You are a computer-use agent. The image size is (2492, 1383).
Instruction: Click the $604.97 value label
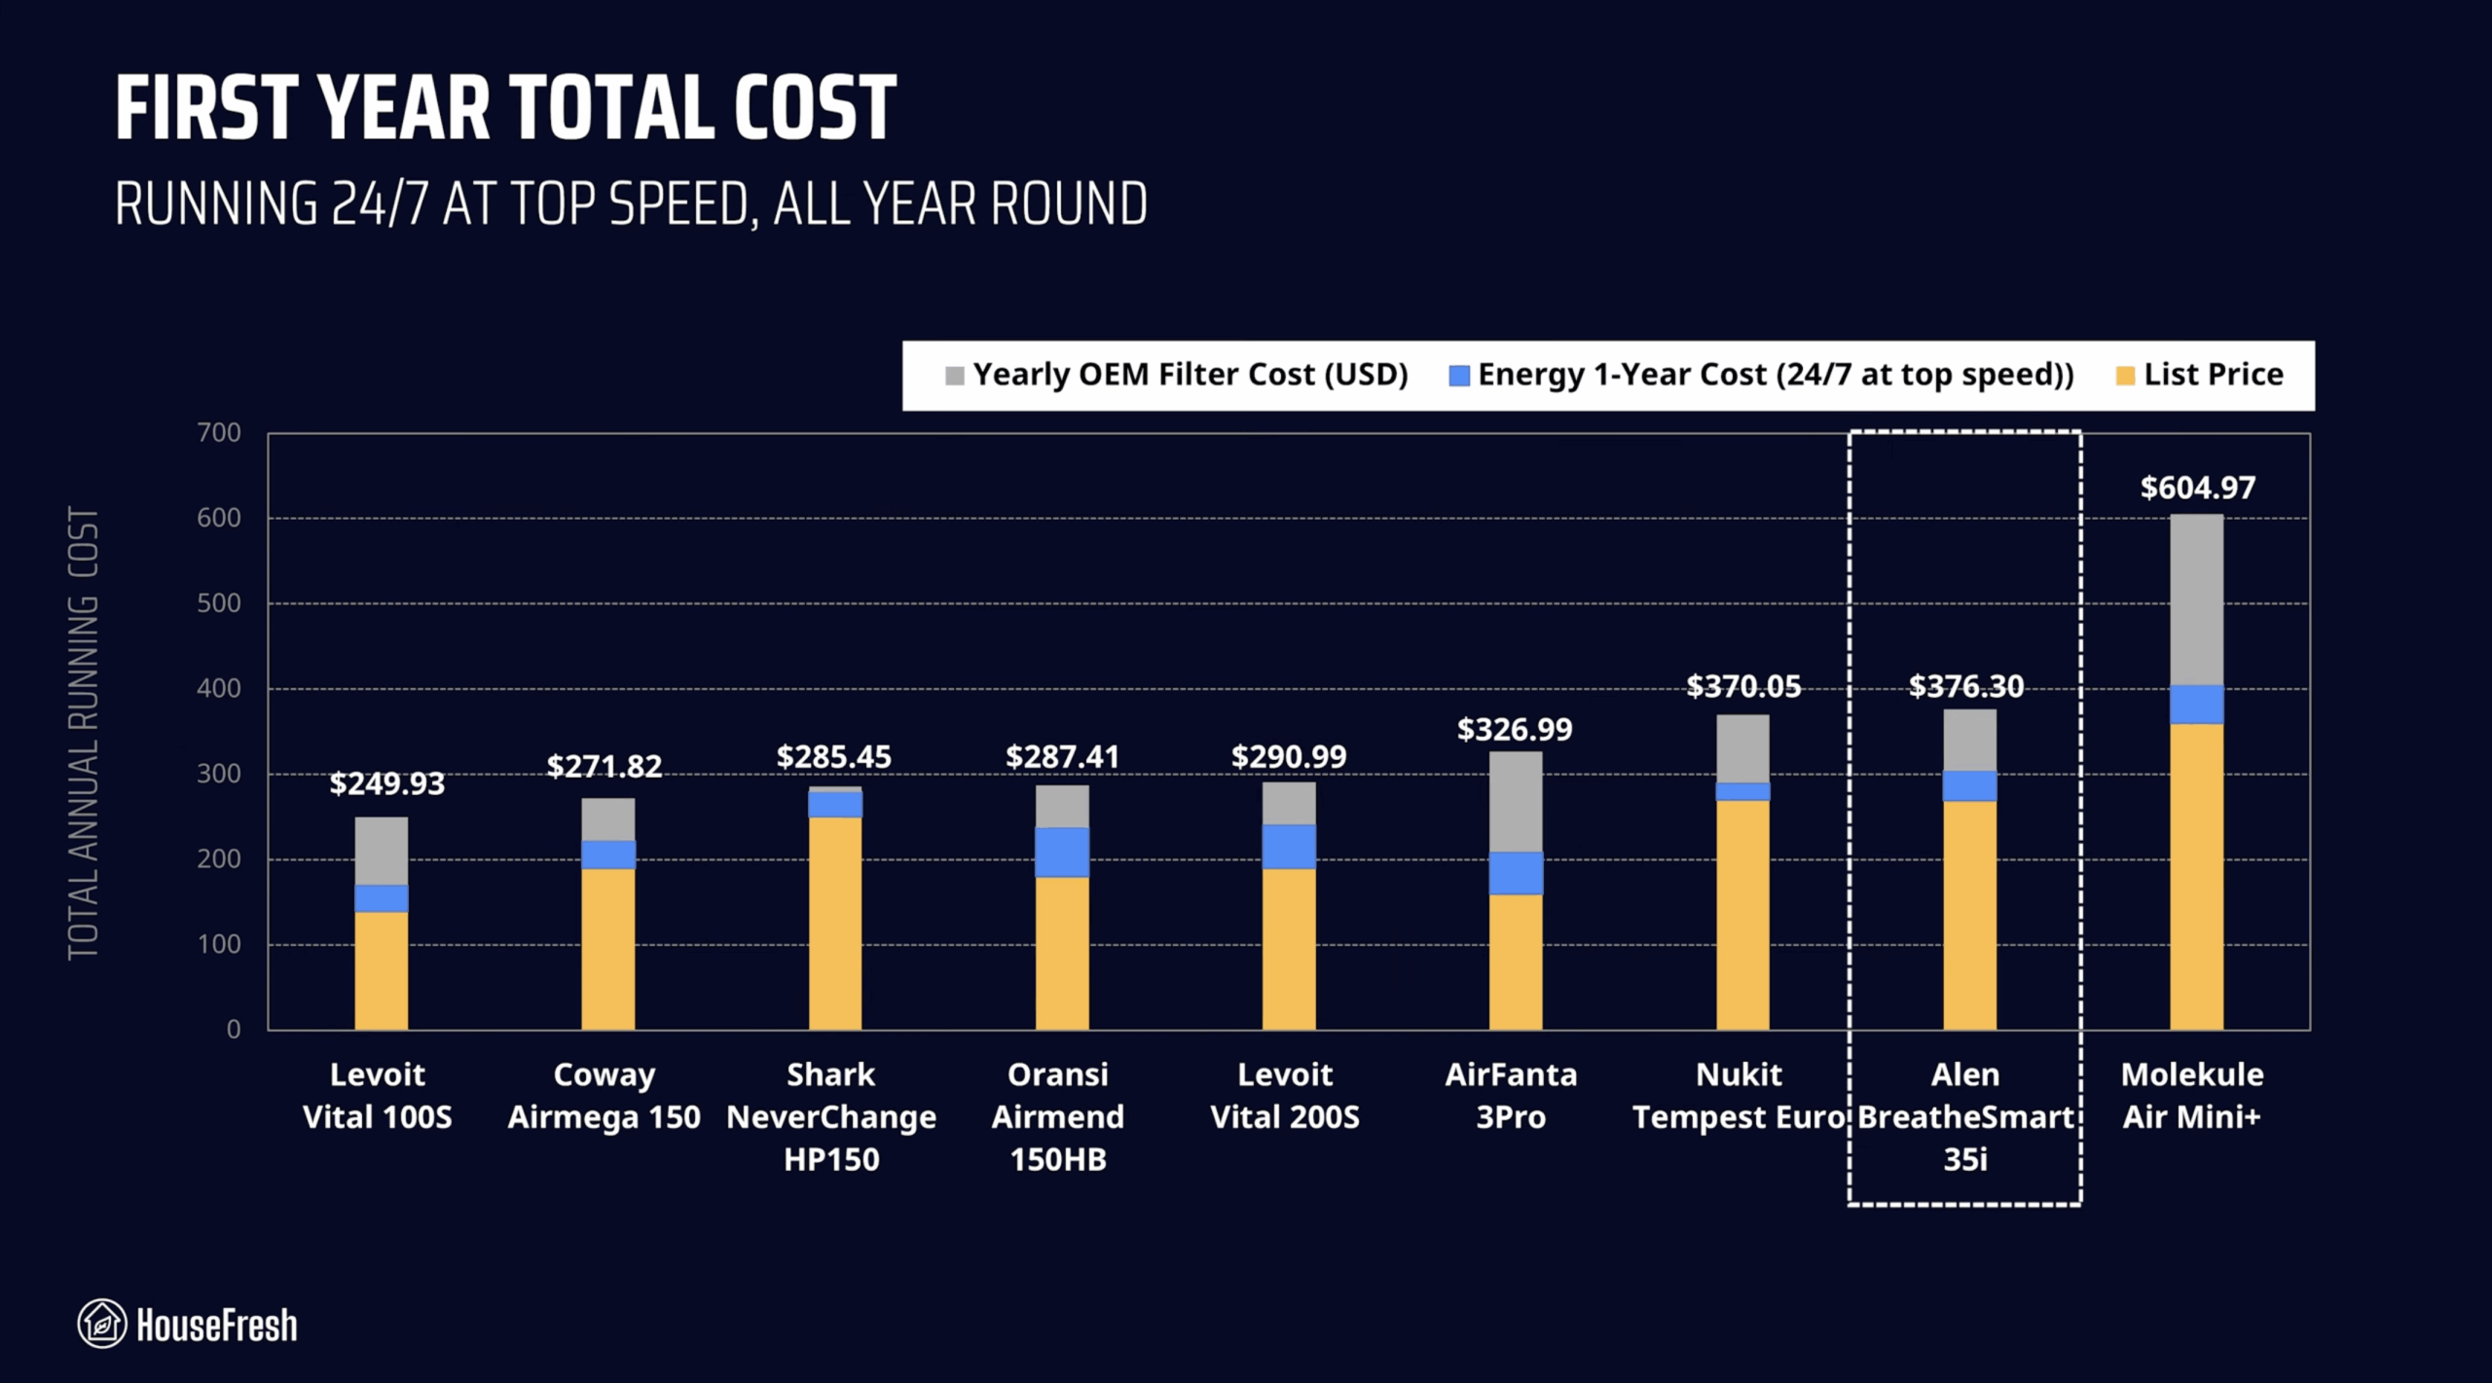click(2197, 488)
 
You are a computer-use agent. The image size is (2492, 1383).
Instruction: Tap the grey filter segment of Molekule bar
click(2196, 599)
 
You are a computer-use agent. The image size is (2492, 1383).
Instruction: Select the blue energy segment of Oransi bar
click(1062, 853)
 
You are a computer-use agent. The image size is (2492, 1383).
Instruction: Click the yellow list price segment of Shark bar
click(835, 923)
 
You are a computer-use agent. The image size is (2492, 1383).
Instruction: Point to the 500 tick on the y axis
click(219, 603)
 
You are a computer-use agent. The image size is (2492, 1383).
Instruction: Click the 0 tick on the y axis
click(234, 1030)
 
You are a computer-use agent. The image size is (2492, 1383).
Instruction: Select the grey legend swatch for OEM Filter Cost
click(954, 376)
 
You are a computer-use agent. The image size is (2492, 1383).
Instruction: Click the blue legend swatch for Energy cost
click(1458, 376)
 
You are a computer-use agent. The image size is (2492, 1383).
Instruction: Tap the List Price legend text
click(2213, 375)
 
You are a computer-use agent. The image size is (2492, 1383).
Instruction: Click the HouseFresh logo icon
click(102, 1324)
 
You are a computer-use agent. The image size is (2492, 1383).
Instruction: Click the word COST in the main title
click(815, 109)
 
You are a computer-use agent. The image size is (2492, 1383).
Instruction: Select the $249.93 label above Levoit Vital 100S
click(386, 783)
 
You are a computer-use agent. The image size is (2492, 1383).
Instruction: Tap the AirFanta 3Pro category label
click(1511, 1095)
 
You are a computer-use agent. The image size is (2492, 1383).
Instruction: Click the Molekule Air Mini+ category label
click(2191, 1095)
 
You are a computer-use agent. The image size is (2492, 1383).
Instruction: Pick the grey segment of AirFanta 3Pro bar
click(1516, 801)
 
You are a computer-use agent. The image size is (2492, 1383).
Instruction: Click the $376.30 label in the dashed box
click(1965, 687)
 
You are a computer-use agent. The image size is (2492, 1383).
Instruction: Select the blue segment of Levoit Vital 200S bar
click(1289, 846)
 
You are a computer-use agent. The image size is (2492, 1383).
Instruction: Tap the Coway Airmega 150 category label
click(604, 1095)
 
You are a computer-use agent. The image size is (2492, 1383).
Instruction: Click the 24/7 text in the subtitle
click(380, 204)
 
